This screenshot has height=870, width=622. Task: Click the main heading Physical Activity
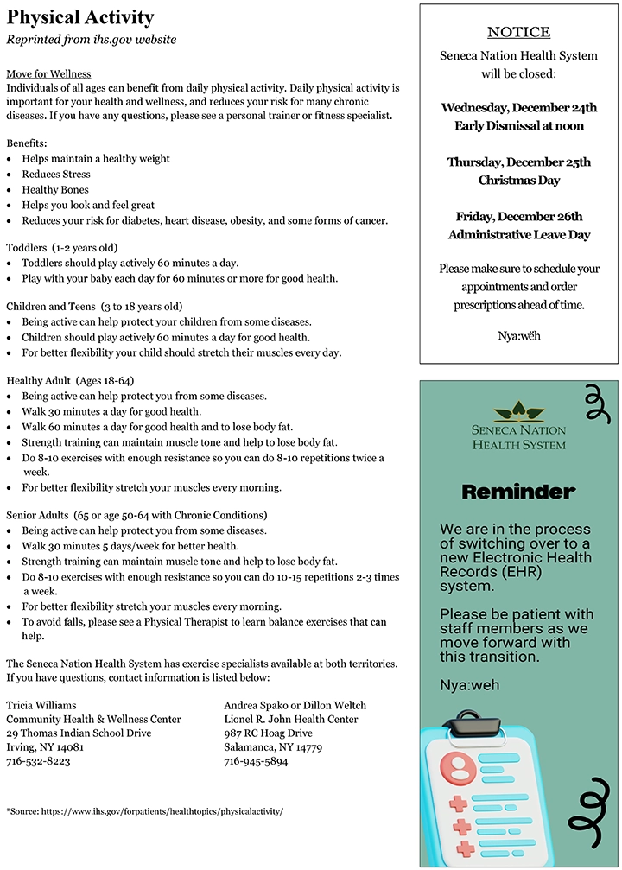[x=80, y=17]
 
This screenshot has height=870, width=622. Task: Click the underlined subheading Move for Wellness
[x=48, y=74]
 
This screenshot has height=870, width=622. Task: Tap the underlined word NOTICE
[x=518, y=32]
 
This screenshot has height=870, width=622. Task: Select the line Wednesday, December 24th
[x=518, y=108]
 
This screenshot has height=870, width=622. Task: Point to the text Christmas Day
[x=518, y=181]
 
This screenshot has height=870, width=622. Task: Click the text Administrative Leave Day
[x=518, y=235]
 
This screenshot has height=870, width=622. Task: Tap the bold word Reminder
[x=517, y=492]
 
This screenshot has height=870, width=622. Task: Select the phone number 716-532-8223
[x=38, y=761]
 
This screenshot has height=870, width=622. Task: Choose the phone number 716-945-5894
[x=256, y=761]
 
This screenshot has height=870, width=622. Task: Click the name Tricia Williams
[x=41, y=705]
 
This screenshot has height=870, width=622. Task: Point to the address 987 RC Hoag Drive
[x=268, y=733]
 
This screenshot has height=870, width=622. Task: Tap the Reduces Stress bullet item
[x=56, y=175]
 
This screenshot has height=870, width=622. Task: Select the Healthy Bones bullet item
[x=55, y=190]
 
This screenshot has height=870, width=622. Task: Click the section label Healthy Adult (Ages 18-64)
[x=70, y=380]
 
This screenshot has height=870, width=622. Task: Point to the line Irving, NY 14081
[x=45, y=747]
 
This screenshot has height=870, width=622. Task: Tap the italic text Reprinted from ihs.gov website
[x=92, y=40]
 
